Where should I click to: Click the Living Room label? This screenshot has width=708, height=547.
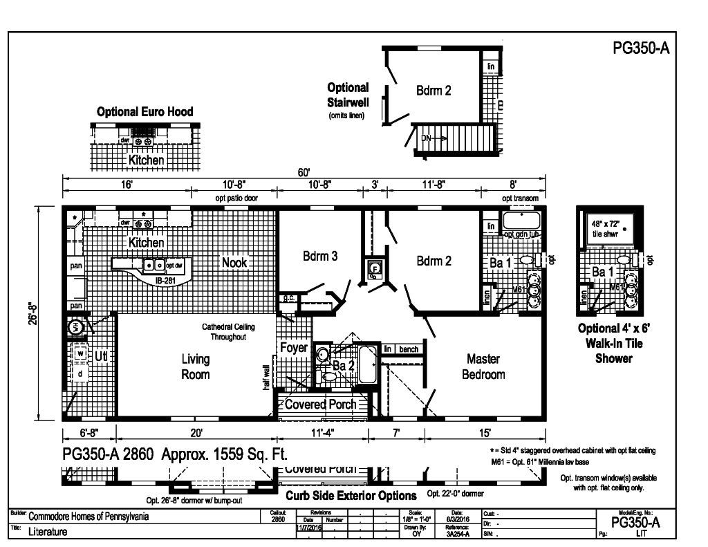pos(196,367)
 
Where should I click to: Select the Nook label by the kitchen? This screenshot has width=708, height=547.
pos(234,261)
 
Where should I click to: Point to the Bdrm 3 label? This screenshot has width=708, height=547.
pos(320,257)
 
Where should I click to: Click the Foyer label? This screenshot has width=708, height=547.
pos(293,348)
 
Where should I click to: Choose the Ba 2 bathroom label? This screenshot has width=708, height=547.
pos(344,366)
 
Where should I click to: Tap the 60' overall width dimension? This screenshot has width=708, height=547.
pos(304,172)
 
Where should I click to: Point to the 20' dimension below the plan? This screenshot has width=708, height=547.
pos(196,434)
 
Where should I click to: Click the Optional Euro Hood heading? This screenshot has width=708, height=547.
pos(145,111)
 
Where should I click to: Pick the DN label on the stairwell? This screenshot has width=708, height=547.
pos(427,138)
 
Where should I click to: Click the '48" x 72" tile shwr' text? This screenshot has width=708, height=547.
pos(606,228)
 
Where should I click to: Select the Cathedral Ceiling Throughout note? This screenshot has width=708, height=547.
pos(228,331)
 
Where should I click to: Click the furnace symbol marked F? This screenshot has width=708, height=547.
pos(375,268)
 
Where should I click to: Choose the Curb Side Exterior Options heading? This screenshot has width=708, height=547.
pos(351,496)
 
